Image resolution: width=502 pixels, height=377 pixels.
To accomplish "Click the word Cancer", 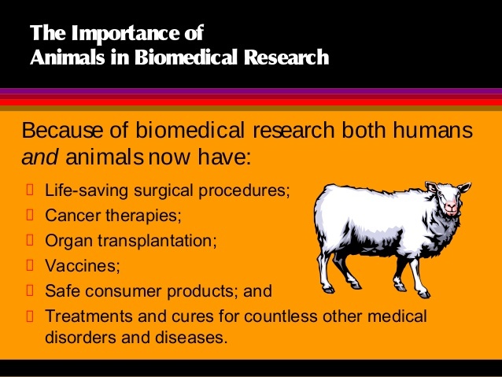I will pyautogui.click(x=69, y=214).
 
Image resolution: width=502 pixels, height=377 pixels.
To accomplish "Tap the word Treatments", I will pyautogui.click(x=84, y=317).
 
